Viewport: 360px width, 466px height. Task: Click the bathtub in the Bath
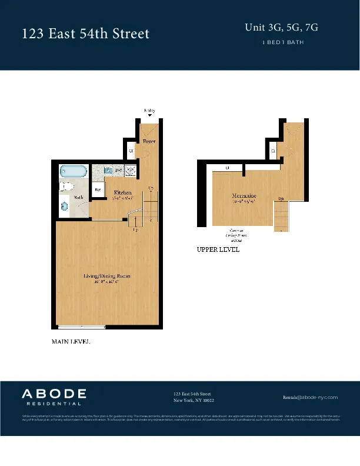74,172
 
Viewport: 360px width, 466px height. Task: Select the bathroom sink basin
64,207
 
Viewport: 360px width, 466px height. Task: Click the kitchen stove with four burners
131,171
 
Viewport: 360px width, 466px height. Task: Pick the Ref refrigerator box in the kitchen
99,190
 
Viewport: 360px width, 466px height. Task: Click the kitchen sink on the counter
108,170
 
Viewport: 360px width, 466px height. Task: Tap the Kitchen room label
122,192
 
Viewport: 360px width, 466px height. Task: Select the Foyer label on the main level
149,142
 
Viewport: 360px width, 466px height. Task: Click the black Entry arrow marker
149,115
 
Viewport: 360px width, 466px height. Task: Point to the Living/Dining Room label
106,276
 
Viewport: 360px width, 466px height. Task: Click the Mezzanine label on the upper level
244,195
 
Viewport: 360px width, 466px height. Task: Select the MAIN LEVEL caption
71,342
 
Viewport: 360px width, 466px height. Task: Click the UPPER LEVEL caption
218,249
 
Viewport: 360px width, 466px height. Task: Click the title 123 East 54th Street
85,34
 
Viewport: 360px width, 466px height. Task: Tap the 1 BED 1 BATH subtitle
282,42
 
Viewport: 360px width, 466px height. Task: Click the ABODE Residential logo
54,397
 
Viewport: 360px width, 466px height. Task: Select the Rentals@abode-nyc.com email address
310,397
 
